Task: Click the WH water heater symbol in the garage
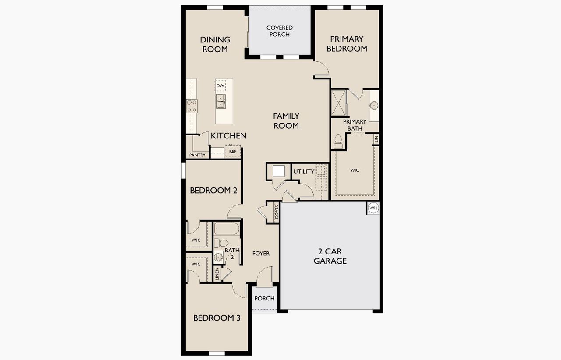pyautogui.click(x=373, y=208)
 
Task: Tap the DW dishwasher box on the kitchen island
pyautogui.click(x=220, y=85)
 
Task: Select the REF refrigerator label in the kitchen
pyautogui.click(x=232, y=152)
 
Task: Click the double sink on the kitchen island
pyautogui.click(x=220, y=101)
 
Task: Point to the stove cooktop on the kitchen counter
pyautogui.click(x=192, y=106)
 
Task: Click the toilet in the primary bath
pyautogui.click(x=338, y=141)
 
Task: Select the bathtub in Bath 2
pyautogui.click(x=227, y=229)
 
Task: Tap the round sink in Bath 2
pyautogui.click(x=218, y=257)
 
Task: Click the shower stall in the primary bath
pyautogui.click(x=338, y=103)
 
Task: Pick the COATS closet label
pyautogui.click(x=277, y=212)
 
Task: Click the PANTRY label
pyautogui.click(x=197, y=155)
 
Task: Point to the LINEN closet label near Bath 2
pyautogui.click(x=217, y=274)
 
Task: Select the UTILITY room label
pyautogui.click(x=304, y=172)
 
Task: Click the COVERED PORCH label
pyautogui.click(x=279, y=31)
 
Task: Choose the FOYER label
pyautogui.click(x=261, y=254)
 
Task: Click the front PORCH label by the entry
pyautogui.click(x=265, y=299)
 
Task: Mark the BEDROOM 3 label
pyautogui.click(x=217, y=318)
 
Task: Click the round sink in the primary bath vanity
pyautogui.click(x=374, y=106)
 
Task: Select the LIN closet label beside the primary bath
pyautogui.click(x=376, y=139)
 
